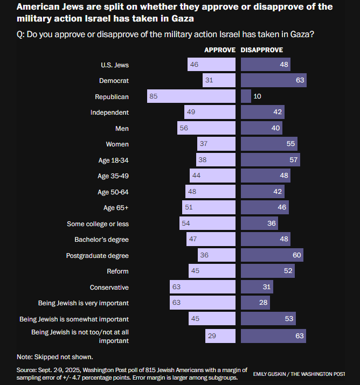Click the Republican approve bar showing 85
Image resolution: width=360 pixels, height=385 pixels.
coord(191,96)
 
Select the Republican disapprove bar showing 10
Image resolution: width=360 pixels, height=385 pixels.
coord(246,96)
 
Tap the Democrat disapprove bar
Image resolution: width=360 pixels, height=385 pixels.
coord(273,81)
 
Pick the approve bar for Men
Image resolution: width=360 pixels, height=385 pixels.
coord(206,128)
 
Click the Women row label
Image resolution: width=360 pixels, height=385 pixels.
coord(117,144)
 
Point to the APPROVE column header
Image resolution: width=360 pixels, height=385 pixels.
coord(219,50)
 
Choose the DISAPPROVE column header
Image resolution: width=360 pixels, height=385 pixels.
coord(262,50)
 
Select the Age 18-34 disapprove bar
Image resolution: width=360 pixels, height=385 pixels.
coord(270,160)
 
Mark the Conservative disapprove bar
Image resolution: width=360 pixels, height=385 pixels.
coord(257,287)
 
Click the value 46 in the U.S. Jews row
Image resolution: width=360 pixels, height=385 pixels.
coord(194,65)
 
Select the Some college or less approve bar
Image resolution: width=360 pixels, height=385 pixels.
coord(207,223)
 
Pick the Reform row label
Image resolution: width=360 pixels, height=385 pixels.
coord(117,271)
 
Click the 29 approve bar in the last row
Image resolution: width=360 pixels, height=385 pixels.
coord(220,335)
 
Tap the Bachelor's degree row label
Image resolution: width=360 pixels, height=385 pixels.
coord(101,240)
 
